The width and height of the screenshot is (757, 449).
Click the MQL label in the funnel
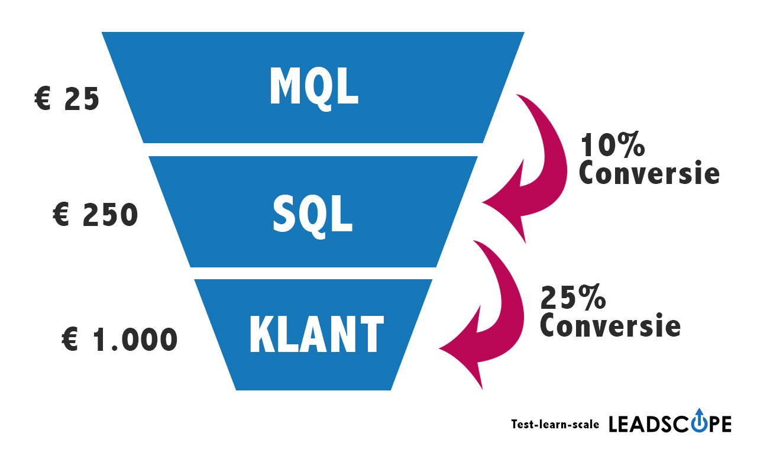(x=313, y=87)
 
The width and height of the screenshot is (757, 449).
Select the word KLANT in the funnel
(x=316, y=334)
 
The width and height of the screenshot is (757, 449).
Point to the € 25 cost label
(x=67, y=99)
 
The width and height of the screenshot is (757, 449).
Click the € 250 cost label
(x=95, y=216)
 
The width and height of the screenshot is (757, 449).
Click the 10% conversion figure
(x=612, y=146)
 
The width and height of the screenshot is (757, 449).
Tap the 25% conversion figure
(x=573, y=298)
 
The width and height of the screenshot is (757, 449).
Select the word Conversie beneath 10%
(x=649, y=173)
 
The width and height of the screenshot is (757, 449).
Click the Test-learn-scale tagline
(x=555, y=424)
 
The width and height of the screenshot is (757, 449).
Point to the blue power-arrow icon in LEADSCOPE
(x=700, y=419)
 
